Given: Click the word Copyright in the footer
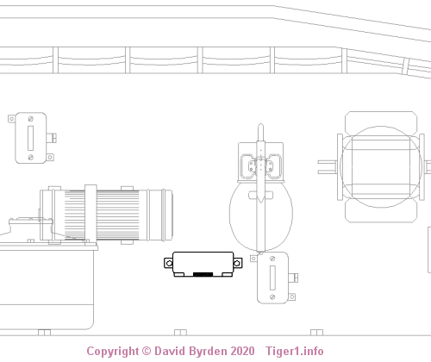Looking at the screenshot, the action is (x=113, y=352).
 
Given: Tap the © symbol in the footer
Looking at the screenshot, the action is (x=147, y=351).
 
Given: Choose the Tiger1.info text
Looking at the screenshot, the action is (x=295, y=352).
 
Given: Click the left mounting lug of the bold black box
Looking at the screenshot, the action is (x=169, y=263).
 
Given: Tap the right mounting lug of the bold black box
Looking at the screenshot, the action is (x=237, y=263).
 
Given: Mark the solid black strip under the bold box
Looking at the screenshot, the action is (x=203, y=274).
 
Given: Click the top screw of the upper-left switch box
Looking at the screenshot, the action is (x=31, y=119).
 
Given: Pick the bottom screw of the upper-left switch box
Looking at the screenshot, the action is (x=31, y=157).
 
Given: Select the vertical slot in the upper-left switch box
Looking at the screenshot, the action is (x=31, y=138).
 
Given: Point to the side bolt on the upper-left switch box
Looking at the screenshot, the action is (x=52, y=138).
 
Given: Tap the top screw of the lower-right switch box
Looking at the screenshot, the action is (x=272, y=259).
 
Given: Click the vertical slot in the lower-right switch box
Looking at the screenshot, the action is (x=272, y=278).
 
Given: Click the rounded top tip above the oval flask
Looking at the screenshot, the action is (x=260, y=126).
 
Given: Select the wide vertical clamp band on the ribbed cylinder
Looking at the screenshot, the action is (x=91, y=214).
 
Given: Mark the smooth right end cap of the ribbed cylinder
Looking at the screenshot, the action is (x=160, y=215).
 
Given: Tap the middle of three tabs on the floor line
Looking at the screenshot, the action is (x=180, y=333).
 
